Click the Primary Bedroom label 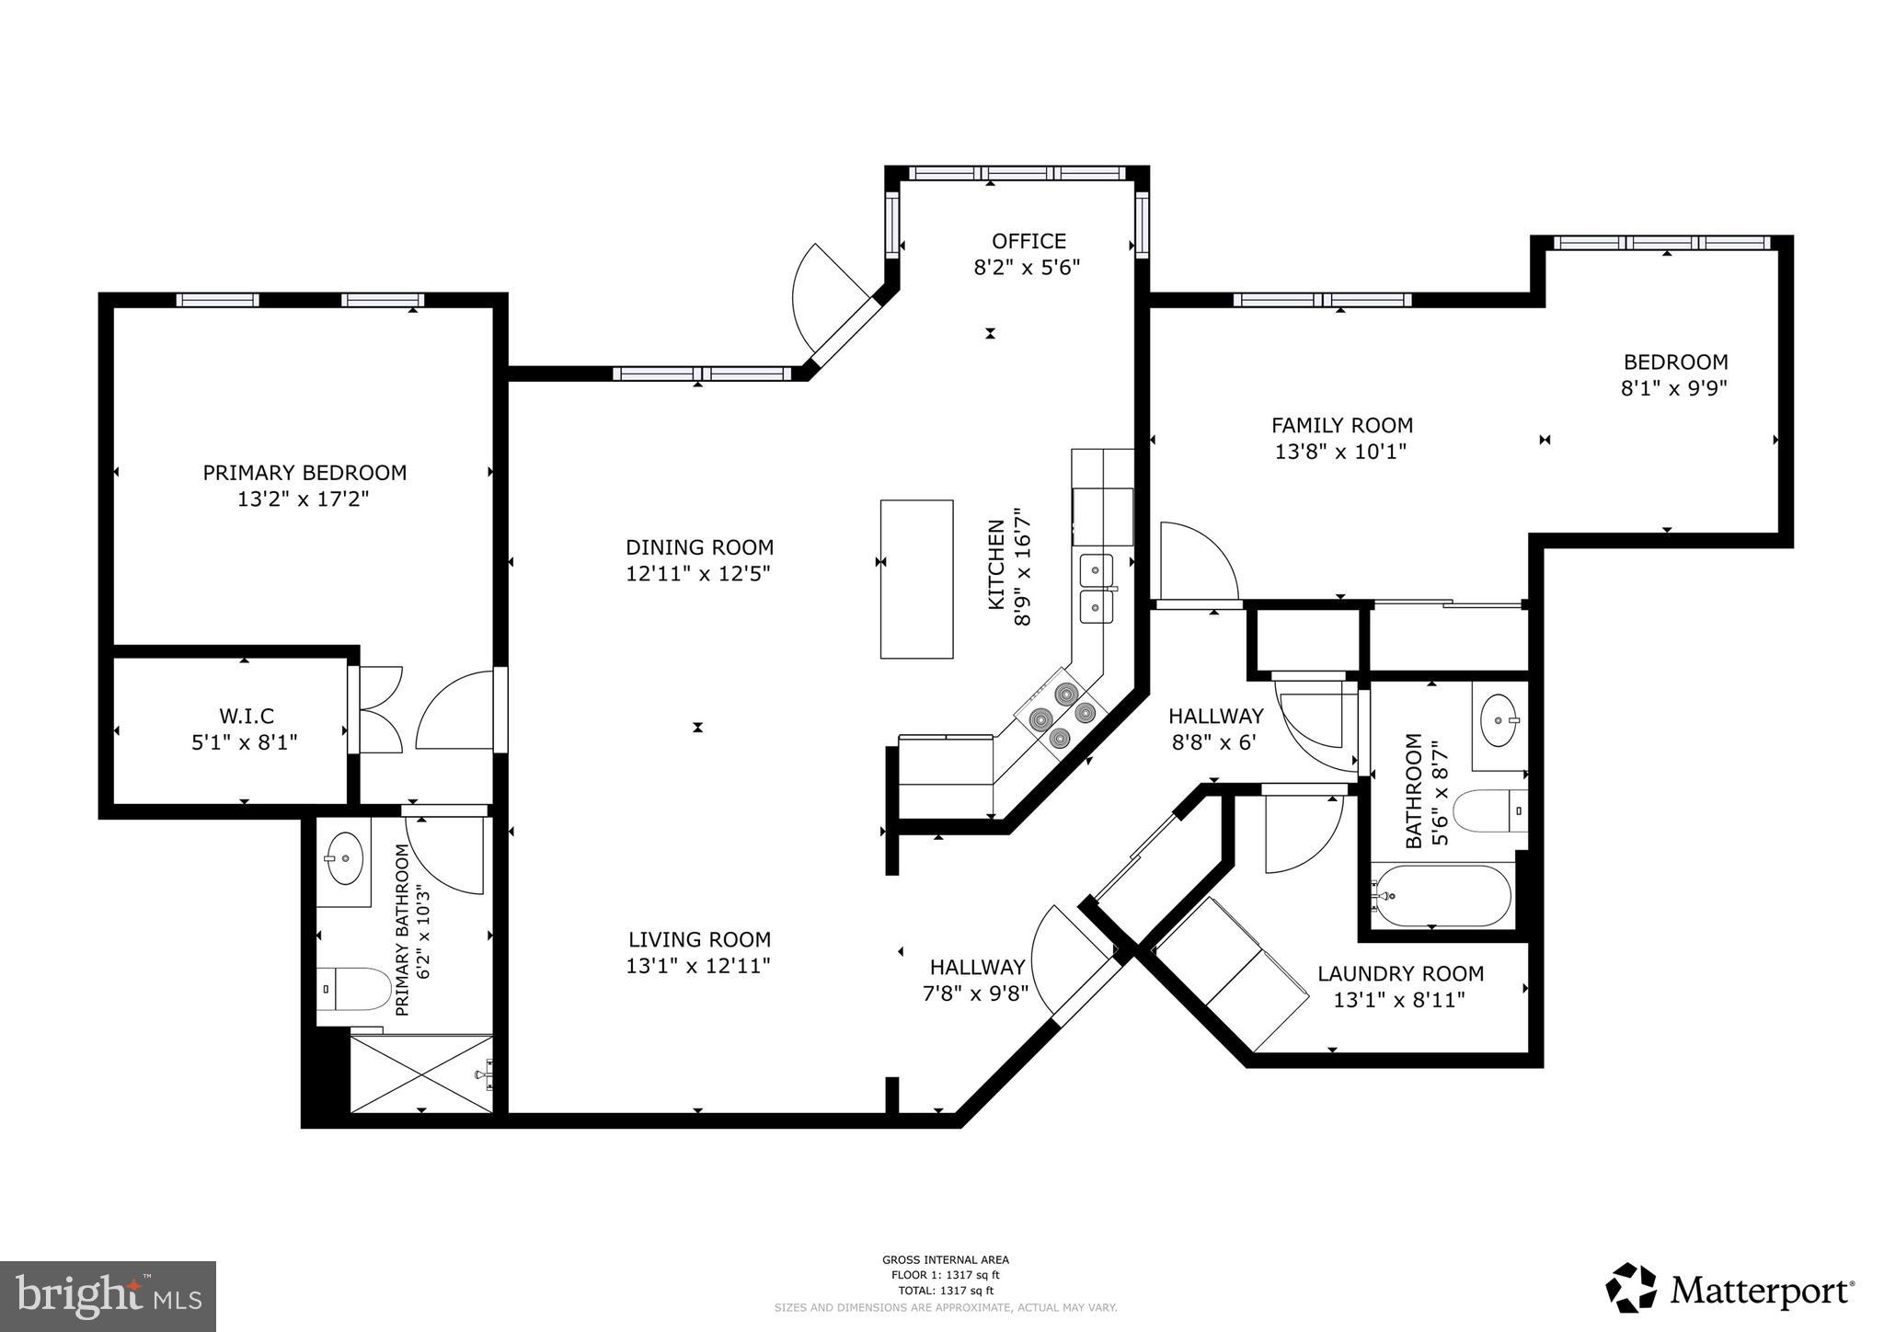304,473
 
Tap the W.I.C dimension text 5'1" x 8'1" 245,741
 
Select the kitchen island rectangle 916,579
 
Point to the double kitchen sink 1096,588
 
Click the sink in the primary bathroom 345,857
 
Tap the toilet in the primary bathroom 353,990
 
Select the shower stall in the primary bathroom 421,1074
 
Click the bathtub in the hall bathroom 1441,895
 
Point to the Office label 1028,241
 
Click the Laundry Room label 1400,973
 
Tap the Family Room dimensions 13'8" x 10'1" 1341,452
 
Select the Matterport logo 1729,1291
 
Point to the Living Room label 699,939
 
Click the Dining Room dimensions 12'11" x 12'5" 699,573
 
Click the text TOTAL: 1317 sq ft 945,1291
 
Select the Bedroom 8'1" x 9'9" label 1674,374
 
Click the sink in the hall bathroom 1499,720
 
